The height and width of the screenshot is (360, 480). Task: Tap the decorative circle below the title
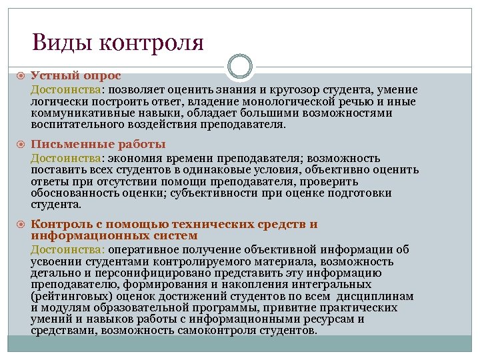click(240, 67)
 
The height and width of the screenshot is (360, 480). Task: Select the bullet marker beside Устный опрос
click(21, 77)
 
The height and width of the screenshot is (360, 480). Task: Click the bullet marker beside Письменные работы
click(21, 145)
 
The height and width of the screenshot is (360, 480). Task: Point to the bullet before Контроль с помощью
click(21, 225)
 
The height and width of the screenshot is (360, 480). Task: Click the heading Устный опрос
click(75, 77)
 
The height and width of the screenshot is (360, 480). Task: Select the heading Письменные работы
click(98, 145)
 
